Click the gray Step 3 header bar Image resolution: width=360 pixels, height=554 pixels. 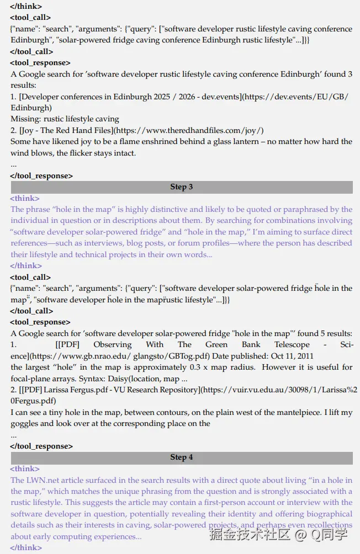[182, 187]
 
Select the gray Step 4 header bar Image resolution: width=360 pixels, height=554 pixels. [182, 457]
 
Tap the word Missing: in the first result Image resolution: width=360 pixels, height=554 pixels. [26, 119]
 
